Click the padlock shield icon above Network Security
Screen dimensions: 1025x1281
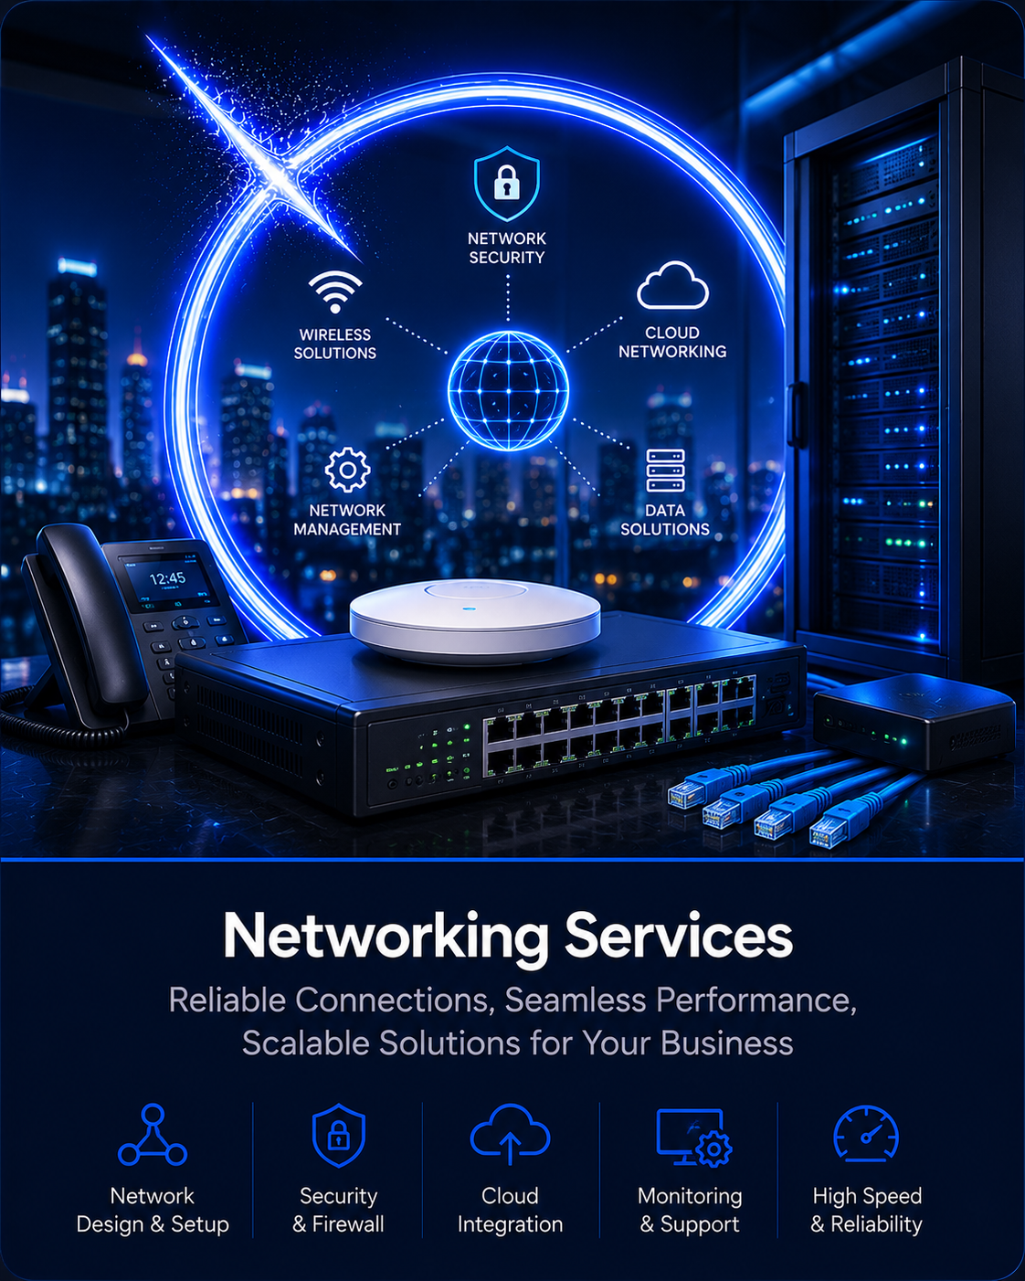[506, 184]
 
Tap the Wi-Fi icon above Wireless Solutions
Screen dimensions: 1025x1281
[335, 291]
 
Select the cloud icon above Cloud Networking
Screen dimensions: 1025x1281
[672, 285]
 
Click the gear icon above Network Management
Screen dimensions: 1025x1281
[348, 470]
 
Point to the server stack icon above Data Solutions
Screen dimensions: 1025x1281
[665, 471]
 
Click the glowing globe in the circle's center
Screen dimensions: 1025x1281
[508, 390]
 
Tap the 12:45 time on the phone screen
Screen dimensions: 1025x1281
[167, 578]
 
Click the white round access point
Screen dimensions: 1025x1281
[475, 620]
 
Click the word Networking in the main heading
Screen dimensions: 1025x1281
[386, 937]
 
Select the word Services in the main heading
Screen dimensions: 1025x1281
[679, 936]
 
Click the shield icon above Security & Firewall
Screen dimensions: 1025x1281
[339, 1135]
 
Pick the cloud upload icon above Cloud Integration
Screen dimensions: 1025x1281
[510, 1134]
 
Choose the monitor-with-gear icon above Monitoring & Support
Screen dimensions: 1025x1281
[693, 1137]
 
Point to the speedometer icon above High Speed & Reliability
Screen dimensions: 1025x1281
[866, 1134]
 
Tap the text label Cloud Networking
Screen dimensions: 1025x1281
[672, 343]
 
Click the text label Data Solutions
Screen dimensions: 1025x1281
[665, 520]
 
